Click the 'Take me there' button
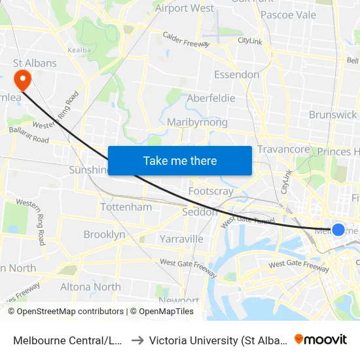pyautogui.click(x=180, y=160)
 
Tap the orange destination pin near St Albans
pyautogui.click(x=23, y=80)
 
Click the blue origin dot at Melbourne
pyautogui.click(x=338, y=229)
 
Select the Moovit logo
pyautogui.click(x=321, y=340)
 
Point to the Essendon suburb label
pyautogui.click(x=236, y=75)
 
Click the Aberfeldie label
pyautogui.click(x=211, y=98)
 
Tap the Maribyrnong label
pyautogui.click(x=197, y=122)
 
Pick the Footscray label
pyautogui.click(x=211, y=191)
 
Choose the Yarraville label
pyautogui.click(x=181, y=239)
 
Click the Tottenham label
pyautogui.click(x=126, y=207)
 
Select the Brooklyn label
pyautogui.click(x=104, y=234)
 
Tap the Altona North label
pyautogui.click(x=90, y=287)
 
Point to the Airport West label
pyautogui.click(x=185, y=9)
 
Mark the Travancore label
pyautogui.click(x=283, y=149)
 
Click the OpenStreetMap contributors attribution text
pyautogui.click(x=70, y=312)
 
